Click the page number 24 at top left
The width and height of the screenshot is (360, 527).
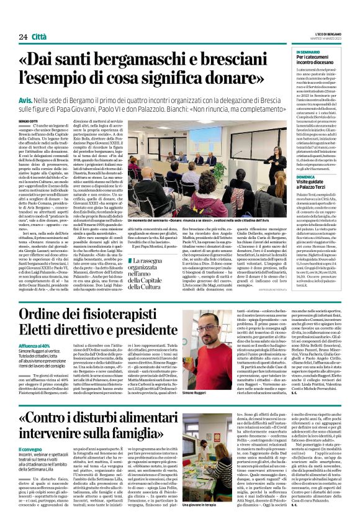(22, 37)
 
